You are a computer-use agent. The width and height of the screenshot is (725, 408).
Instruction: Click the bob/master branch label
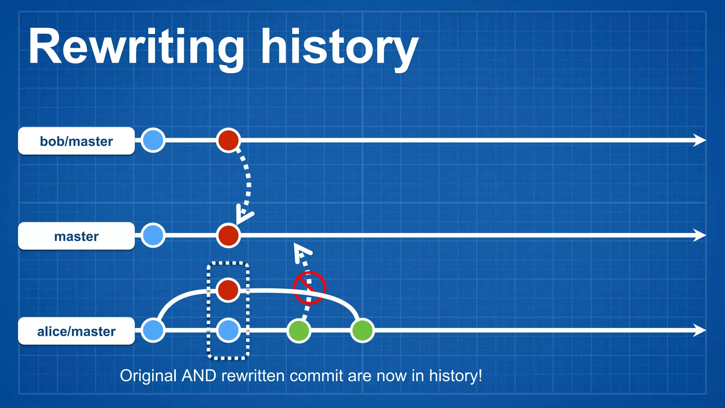[x=76, y=141]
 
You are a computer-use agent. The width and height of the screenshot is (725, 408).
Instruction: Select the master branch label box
[x=76, y=236]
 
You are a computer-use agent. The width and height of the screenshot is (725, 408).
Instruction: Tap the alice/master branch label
[x=76, y=331]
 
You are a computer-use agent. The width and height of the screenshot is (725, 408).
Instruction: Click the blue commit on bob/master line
[x=153, y=140]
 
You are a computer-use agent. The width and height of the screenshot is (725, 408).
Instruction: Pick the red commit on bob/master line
[x=228, y=140]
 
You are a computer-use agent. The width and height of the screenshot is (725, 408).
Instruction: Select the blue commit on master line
[x=153, y=235]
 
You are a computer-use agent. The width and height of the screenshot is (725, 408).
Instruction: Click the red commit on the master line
[x=228, y=236]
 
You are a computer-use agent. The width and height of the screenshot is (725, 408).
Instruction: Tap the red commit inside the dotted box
[x=228, y=290]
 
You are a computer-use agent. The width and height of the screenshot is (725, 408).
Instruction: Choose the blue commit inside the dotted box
[x=228, y=330]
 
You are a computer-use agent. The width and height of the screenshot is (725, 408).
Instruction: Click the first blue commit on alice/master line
[x=153, y=330]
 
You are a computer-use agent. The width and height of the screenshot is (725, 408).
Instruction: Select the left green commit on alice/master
[x=299, y=330]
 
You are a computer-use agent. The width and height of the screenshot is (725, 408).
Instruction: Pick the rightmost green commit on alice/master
[x=362, y=330]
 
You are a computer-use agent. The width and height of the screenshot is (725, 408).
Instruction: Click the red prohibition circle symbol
[x=309, y=288]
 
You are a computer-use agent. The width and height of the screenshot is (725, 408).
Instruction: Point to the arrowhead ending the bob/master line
[x=699, y=140]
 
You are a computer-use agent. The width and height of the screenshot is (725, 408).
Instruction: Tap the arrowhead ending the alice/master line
[x=699, y=330]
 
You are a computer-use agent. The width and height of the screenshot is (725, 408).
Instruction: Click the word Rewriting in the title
[x=136, y=48]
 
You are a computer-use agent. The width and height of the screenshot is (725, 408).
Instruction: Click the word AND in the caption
[x=199, y=376]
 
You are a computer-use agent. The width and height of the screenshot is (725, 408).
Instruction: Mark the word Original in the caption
[x=148, y=376]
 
